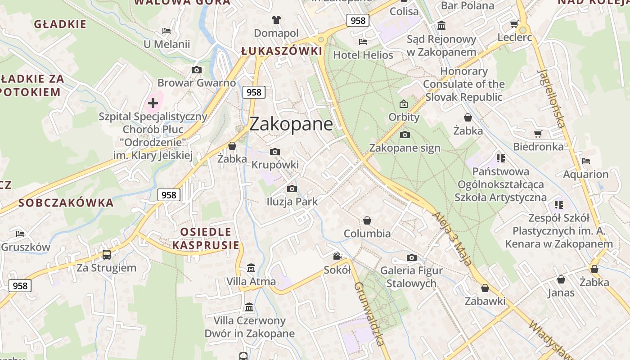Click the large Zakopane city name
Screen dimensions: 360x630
click(x=291, y=124)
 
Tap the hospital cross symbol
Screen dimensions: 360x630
click(x=153, y=103)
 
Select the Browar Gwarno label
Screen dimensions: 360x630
click(x=197, y=83)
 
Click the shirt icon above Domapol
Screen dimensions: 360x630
click(x=276, y=20)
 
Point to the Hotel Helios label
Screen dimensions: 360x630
click(x=363, y=55)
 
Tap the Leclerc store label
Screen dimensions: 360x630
click(x=514, y=37)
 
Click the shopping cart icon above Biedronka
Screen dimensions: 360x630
click(x=538, y=134)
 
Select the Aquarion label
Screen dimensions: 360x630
click(x=585, y=174)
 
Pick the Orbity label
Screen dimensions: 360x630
click(x=404, y=117)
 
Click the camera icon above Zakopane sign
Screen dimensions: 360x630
click(x=405, y=135)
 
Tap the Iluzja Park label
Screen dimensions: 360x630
click(x=292, y=202)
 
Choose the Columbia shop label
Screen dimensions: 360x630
click(x=367, y=234)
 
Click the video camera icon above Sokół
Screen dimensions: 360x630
click(x=337, y=256)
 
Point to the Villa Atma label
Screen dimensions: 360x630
click(x=251, y=282)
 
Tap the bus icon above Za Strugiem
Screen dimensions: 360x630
click(x=107, y=255)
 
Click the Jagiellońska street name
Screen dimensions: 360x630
click(x=550, y=98)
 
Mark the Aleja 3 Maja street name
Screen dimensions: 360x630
click(x=453, y=239)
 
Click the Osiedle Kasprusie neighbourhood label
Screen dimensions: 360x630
click(x=206, y=238)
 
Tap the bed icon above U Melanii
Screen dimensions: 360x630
click(x=166, y=31)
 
